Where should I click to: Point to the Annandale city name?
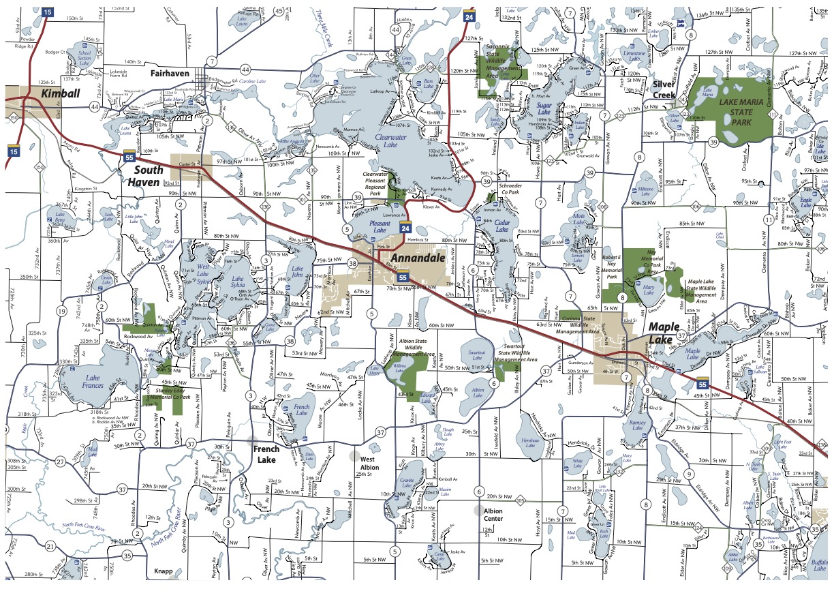pyautogui.click(x=417, y=258)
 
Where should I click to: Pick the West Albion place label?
pyautogui.click(x=369, y=464)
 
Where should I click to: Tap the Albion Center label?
pyautogui.click(x=493, y=514)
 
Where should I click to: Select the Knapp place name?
pyautogui.click(x=164, y=571)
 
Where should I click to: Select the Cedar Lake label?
pyautogui.click(x=502, y=226)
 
